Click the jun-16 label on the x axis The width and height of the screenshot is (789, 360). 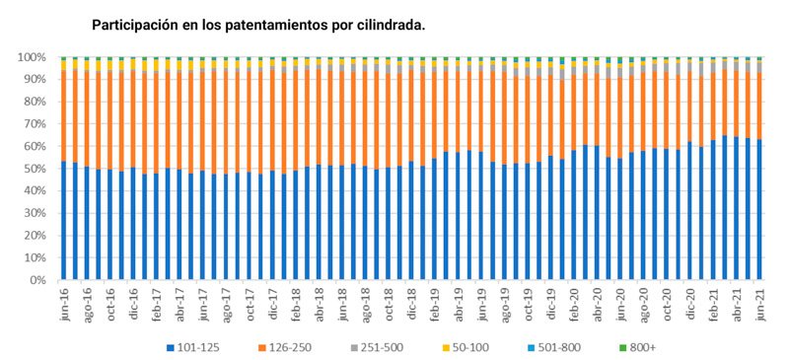click(64, 304)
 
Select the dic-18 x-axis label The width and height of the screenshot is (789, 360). click(410, 304)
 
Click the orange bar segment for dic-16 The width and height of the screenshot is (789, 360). click(133, 118)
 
